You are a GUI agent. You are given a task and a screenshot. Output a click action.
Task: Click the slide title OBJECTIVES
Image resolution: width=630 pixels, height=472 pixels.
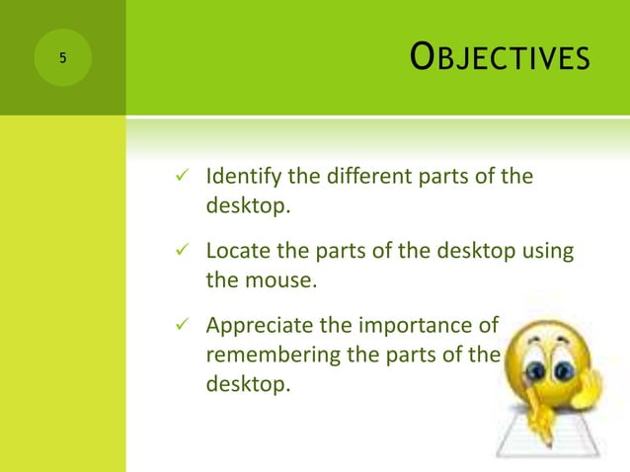click(x=500, y=58)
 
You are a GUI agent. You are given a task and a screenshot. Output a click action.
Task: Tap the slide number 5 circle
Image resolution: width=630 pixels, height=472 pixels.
click(x=62, y=58)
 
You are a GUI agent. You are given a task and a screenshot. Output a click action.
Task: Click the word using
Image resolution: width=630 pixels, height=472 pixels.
click(x=548, y=251)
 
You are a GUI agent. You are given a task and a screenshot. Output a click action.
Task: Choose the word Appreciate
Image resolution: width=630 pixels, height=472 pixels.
click(x=254, y=325)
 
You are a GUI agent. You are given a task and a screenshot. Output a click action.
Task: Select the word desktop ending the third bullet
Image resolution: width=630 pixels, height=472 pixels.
click(x=245, y=383)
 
